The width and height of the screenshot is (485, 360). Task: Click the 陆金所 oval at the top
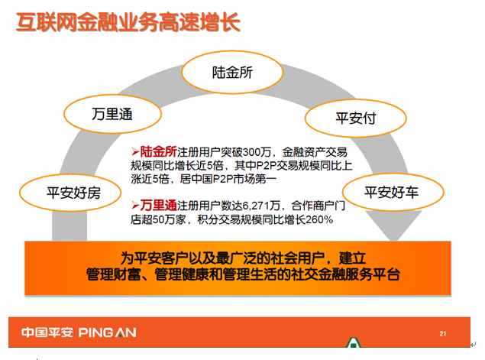(x=232, y=72)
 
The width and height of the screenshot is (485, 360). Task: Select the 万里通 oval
(x=112, y=114)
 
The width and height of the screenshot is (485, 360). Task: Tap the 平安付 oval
(x=356, y=118)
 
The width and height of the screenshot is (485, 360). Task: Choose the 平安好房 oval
(x=70, y=193)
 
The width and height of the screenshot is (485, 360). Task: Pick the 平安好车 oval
(x=393, y=192)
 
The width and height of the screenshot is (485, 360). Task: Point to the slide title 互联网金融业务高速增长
(x=128, y=22)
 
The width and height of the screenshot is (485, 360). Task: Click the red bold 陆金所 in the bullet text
(x=158, y=151)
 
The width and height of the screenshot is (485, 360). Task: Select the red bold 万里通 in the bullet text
(x=158, y=206)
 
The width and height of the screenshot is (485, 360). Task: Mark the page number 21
(x=443, y=334)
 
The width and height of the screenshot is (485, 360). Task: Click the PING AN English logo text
(x=108, y=332)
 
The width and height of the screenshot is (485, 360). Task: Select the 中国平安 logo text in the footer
(x=47, y=332)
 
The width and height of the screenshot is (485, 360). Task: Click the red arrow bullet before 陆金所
(x=135, y=151)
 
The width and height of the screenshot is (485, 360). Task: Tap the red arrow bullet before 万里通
(x=135, y=205)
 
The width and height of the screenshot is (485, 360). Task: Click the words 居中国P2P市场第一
(x=228, y=179)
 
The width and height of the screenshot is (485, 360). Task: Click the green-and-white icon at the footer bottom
(x=353, y=342)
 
